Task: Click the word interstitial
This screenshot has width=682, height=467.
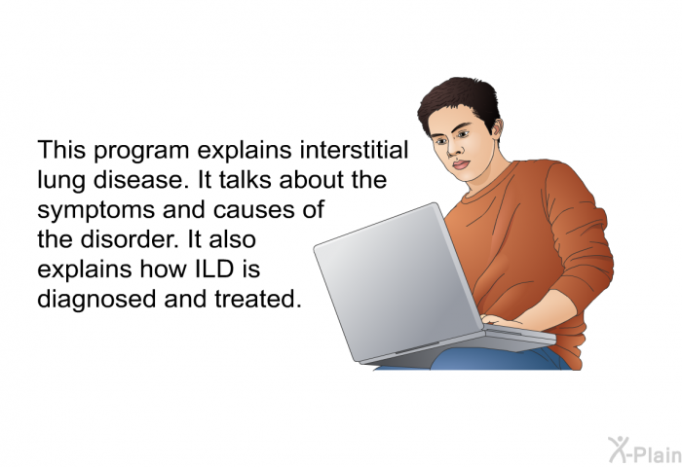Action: [x=354, y=150]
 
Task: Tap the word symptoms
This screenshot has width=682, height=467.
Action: [x=96, y=211]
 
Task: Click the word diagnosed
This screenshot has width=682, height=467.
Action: [x=96, y=300]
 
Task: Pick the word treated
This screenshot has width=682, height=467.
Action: [x=258, y=299]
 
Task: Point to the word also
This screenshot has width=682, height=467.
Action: [x=232, y=239]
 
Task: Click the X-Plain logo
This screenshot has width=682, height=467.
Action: [x=645, y=450]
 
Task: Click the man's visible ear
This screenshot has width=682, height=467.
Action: [x=496, y=129]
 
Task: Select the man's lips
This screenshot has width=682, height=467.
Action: [x=461, y=164]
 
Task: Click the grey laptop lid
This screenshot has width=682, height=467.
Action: [x=397, y=281]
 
